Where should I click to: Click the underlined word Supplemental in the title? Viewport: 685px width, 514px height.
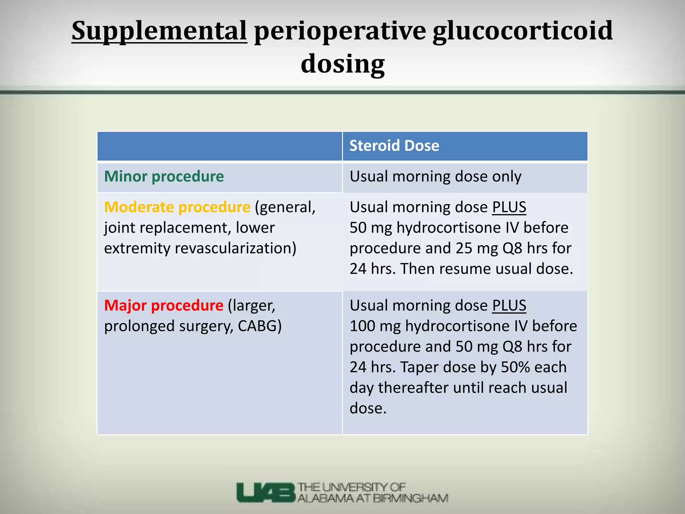tap(159, 31)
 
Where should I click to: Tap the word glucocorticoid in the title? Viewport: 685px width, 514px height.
tap(522, 31)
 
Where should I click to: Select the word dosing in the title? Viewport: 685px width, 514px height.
tap(342, 64)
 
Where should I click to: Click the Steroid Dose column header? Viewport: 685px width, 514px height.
tap(394, 146)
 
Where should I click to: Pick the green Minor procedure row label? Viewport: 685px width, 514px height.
tap(164, 177)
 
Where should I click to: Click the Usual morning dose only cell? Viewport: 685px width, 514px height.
tap(435, 177)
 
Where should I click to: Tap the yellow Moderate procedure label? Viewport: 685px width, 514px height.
tap(177, 207)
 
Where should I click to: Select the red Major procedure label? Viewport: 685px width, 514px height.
tap(164, 306)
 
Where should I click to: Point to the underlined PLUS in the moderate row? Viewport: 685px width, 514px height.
tap(509, 207)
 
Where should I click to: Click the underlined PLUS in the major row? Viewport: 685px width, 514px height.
tap(509, 306)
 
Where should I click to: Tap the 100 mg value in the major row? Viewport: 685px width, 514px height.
tap(375, 326)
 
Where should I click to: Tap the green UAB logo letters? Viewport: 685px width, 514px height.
tap(266, 492)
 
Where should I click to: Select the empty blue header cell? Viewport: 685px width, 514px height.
tap(219, 146)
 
